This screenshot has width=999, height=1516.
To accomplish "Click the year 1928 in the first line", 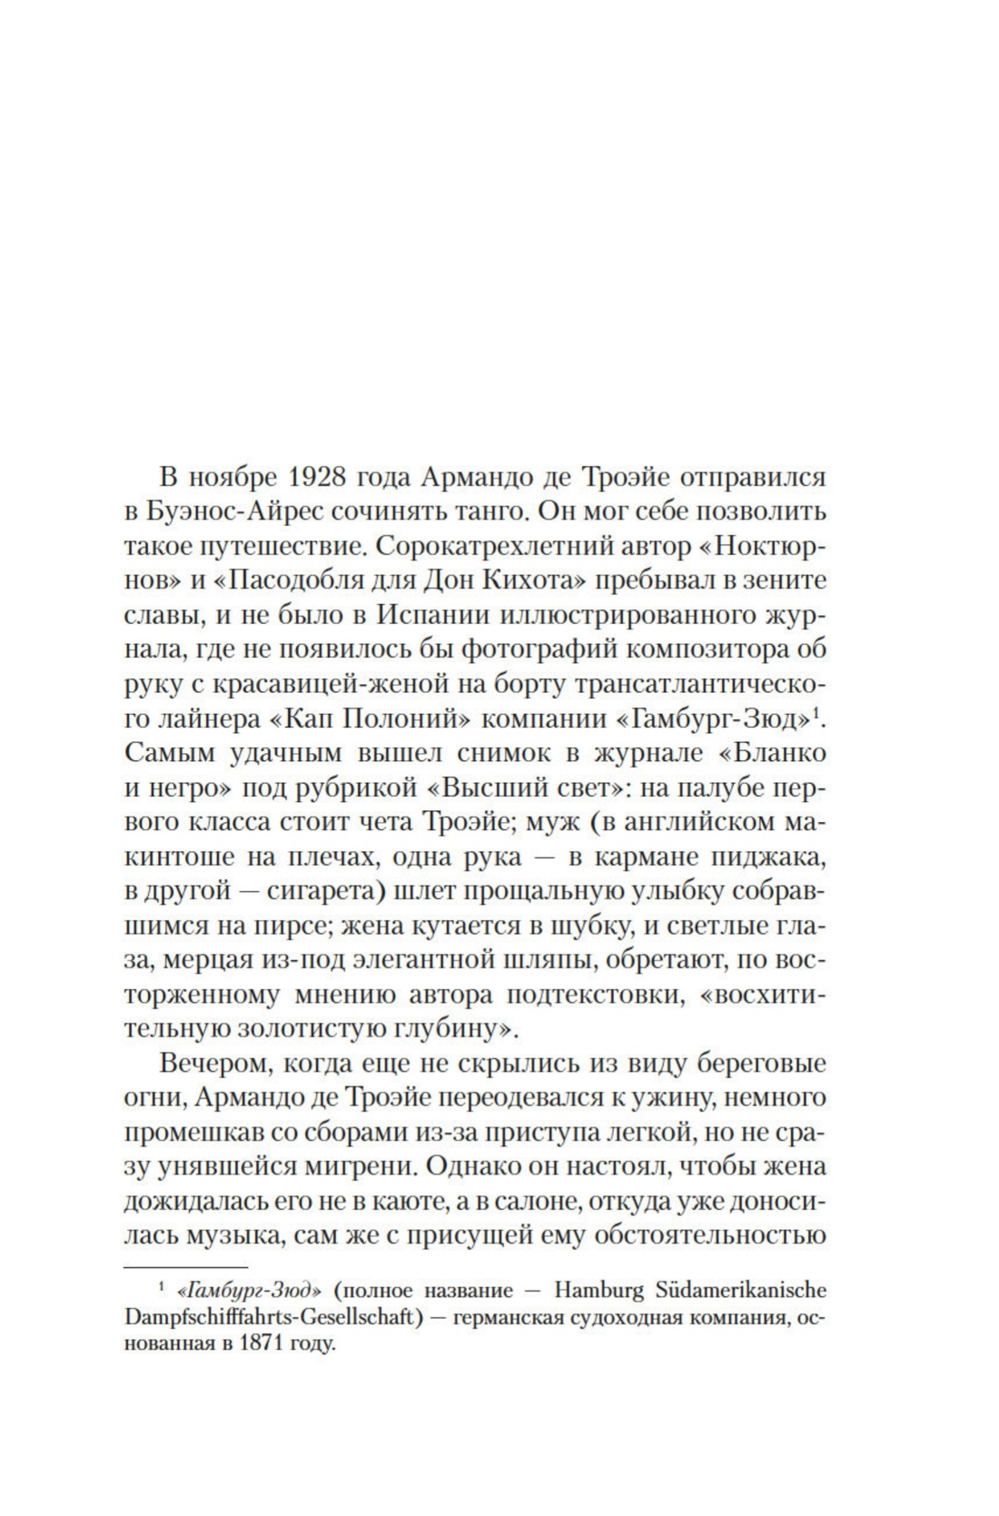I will click(326, 476).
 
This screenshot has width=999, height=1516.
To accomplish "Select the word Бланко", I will click(778, 753).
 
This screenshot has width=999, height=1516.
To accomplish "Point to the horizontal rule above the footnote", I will click(185, 1265).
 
